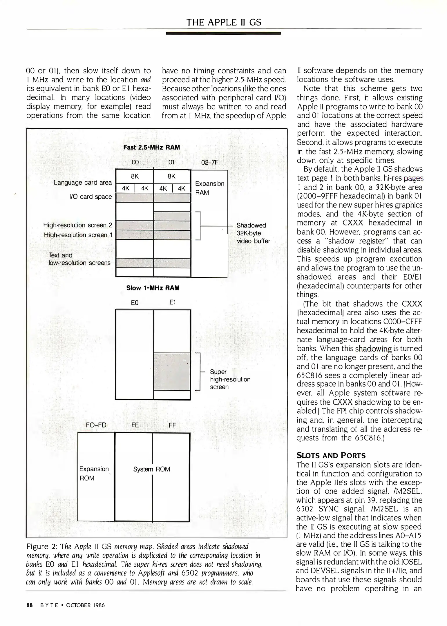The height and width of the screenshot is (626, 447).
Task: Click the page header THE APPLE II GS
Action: (223, 22)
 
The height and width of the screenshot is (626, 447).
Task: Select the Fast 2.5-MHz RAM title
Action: (151, 147)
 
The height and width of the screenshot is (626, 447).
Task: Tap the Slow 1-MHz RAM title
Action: (153, 288)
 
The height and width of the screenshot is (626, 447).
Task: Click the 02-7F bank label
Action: (209, 162)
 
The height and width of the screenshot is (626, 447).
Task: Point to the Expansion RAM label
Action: (209, 188)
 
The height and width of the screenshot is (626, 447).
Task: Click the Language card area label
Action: (83, 183)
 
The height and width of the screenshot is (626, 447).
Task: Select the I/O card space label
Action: (91, 197)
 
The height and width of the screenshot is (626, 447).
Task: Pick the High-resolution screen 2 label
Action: (77, 225)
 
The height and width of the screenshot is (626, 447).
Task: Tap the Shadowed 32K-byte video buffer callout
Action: (253, 233)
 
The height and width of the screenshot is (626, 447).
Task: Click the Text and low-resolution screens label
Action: (79, 259)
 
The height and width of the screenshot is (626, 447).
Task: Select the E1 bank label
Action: (172, 302)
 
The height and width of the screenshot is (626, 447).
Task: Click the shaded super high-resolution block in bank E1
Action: (172, 371)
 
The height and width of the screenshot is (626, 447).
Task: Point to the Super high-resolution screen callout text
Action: (230, 379)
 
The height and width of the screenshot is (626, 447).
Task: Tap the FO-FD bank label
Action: (96, 425)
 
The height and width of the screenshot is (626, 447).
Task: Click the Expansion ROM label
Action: (94, 473)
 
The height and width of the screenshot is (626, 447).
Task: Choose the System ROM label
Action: (151, 469)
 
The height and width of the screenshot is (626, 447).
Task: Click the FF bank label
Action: (172, 425)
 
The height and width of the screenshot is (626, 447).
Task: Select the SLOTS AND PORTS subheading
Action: (331, 456)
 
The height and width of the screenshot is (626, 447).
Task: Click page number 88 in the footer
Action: (29, 605)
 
